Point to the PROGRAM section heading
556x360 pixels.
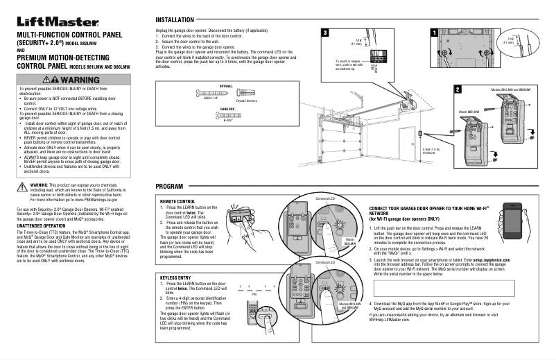coord(170,188)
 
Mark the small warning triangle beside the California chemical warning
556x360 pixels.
coord(22,186)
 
